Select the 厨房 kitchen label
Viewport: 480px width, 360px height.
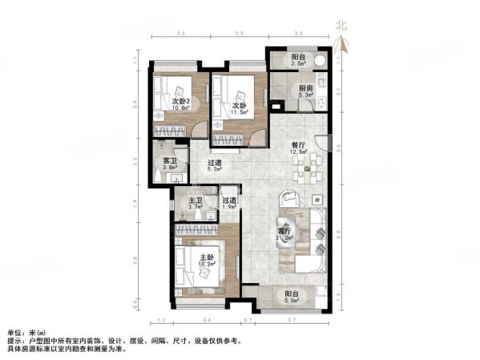pyautogui.click(x=305, y=88)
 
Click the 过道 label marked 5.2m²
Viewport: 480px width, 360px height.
pyautogui.click(x=214, y=163)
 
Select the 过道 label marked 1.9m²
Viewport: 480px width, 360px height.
pyautogui.click(x=229, y=200)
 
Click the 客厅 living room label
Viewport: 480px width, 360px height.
pyautogui.click(x=285, y=231)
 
